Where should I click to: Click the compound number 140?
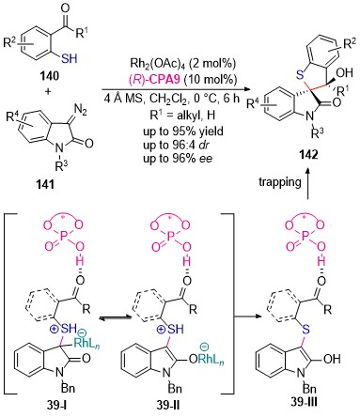pyautogui.click(x=49, y=76)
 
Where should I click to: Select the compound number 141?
pyautogui.click(x=45, y=184)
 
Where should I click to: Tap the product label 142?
pyautogui.click(x=308, y=155)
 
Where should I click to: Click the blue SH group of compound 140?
pyautogui.click(x=70, y=58)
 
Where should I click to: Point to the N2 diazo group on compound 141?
pyautogui.click(x=79, y=110)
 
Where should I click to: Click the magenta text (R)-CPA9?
pyautogui.click(x=154, y=79)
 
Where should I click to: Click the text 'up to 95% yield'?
pyautogui.click(x=183, y=131)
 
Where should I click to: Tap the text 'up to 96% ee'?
pyautogui.click(x=178, y=159)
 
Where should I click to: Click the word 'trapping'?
pyautogui.click(x=280, y=182)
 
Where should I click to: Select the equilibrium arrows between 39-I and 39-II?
pyautogui.click(x=115, y=317)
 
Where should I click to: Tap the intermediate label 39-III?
pyautogui.click(x=304, y=402)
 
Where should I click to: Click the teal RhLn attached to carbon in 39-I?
pyautogui.click(x=87, y=344)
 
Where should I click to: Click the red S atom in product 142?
pyautogui.click(x=300, y=74)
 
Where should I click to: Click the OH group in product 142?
pyautogui.click(x=344, y=72)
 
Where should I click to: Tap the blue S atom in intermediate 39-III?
pyautogui.click(x=306, y=330)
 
